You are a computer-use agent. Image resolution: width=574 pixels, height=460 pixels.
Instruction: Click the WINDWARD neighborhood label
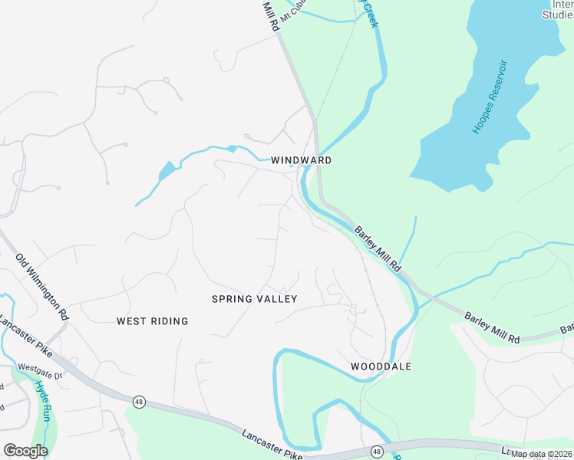pos(301,160)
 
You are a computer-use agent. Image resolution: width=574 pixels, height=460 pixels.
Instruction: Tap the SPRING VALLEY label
pos(254,299)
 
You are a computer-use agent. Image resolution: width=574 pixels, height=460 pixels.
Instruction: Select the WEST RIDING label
pos(152,321)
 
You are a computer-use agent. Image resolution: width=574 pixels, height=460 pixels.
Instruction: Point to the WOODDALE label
pos(381,366)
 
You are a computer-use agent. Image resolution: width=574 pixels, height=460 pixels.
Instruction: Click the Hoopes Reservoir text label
pos(490,97)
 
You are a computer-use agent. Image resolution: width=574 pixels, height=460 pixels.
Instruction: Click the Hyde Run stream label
pos(43,401)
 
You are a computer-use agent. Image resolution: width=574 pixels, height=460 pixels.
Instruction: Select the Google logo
pos(25,451)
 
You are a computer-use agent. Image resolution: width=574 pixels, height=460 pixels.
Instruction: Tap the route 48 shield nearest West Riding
pos(139,401)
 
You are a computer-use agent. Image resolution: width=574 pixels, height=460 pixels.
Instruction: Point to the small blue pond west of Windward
pos(167,172)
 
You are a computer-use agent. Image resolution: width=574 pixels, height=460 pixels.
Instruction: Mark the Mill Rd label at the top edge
pos(270,15)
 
